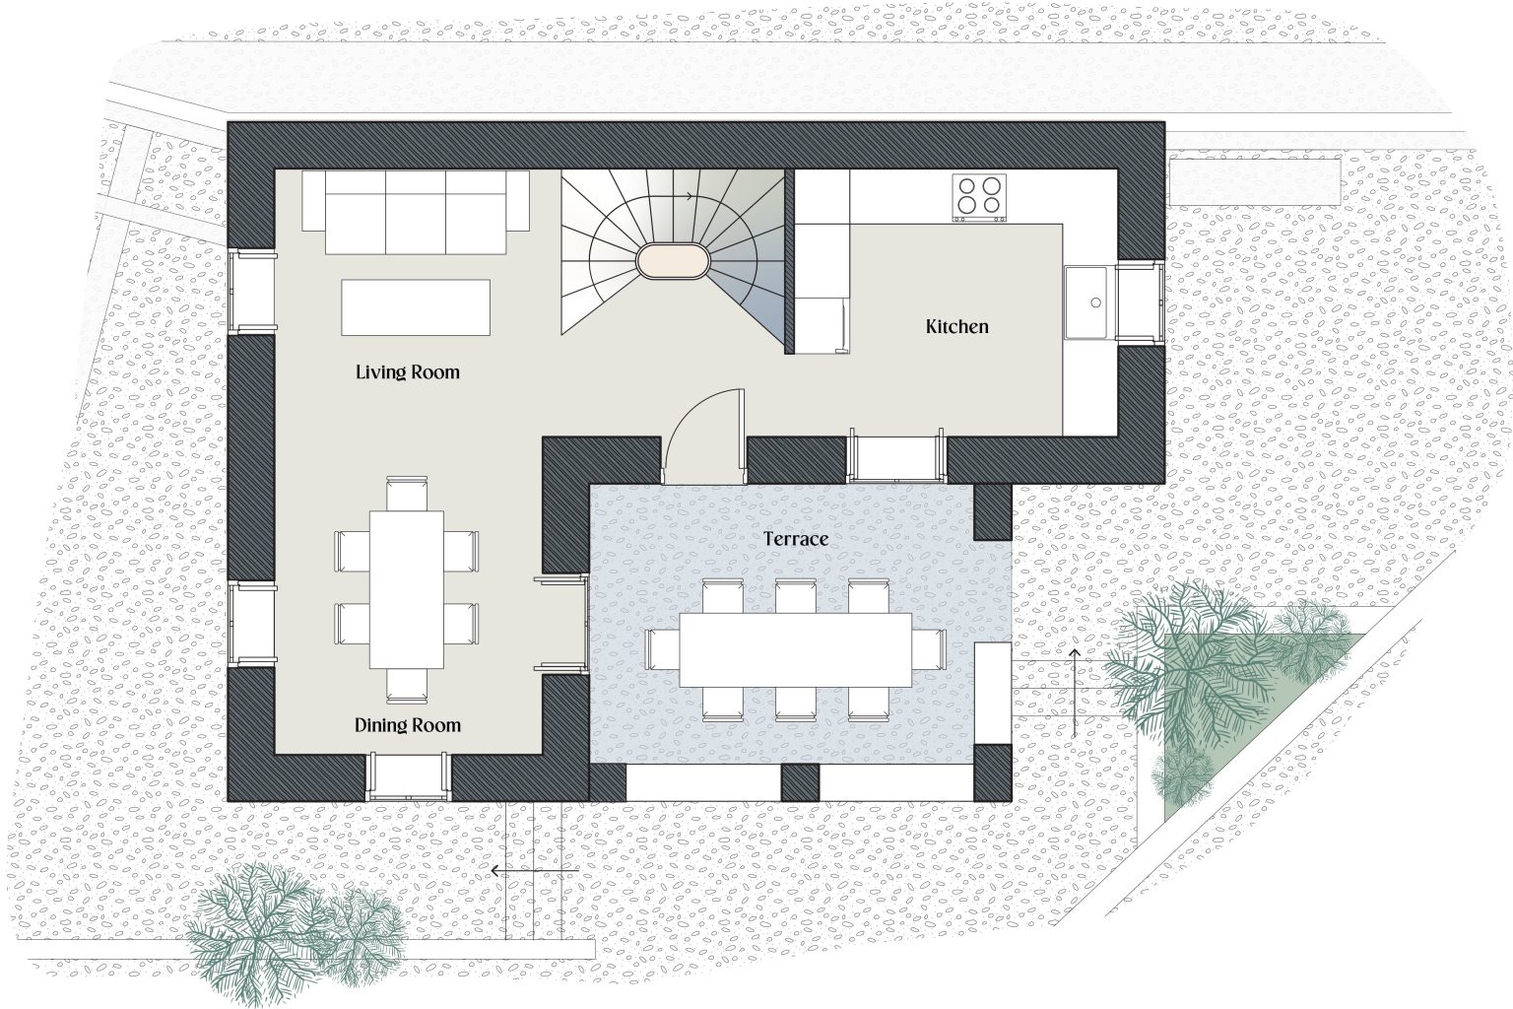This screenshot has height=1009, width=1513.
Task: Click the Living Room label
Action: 407,372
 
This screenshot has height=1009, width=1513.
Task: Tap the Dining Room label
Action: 407,725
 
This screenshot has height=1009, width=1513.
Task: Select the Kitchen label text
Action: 957,326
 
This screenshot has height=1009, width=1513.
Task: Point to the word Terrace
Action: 796,539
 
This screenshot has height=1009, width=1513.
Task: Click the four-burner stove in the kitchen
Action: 979,197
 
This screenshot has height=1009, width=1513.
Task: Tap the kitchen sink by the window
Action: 1087,303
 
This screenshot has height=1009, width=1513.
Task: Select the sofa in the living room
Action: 416,212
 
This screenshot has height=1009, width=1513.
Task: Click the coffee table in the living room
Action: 416,307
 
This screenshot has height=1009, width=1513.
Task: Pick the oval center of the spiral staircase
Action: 673,260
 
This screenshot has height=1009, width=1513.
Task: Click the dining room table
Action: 407,589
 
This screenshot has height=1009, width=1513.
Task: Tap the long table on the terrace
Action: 796,649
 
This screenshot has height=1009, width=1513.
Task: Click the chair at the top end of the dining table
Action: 407,494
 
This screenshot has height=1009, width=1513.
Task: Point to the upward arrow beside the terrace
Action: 1075,694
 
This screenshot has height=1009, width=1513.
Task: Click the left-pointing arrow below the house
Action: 534,871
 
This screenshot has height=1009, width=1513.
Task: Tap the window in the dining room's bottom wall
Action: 408,777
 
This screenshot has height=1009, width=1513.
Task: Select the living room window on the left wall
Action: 252,292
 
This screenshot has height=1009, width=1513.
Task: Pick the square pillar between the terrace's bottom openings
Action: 800,782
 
